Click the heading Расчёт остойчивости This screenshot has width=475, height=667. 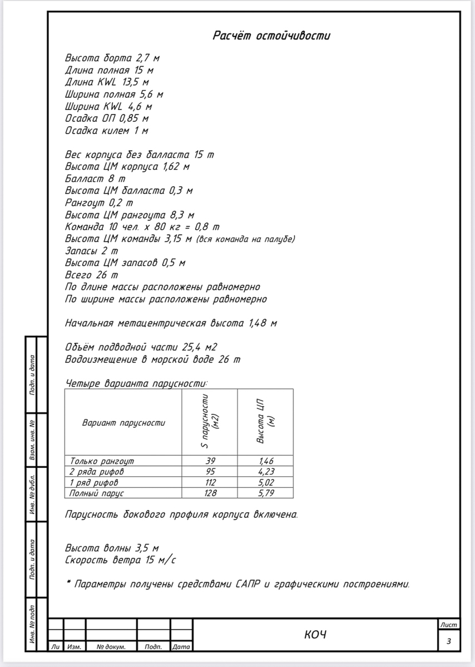pos(271,36)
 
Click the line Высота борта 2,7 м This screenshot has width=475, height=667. pos(112,58)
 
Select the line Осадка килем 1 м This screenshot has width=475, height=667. pos(106,131)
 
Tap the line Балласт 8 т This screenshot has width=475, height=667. pos(95,179)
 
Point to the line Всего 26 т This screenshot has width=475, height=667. pos(91,275)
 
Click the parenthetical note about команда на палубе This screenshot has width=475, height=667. pos(245,239)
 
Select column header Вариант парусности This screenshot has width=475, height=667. pos(123,423)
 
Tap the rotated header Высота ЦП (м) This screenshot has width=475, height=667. pos(265,421)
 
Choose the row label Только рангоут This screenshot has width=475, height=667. pos(102,461)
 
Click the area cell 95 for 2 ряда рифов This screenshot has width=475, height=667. pos(210,472)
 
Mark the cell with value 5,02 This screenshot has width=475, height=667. pos(266,482)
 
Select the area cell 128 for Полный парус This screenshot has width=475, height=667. pos(210,493)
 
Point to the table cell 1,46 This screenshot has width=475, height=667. pos(266,461)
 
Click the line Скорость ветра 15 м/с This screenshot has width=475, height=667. pos(121,560)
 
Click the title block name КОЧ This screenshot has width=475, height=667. pos(315,635)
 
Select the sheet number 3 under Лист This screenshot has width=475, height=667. pos(449,641)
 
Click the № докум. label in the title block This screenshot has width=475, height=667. pos(111,647)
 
